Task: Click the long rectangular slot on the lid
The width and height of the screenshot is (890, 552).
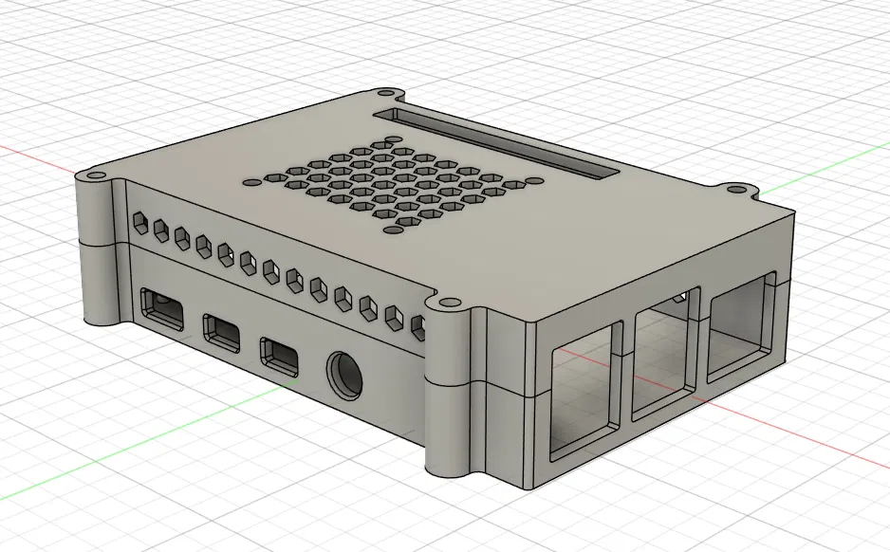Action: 497,143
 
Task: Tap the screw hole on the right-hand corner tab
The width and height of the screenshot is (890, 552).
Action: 736,190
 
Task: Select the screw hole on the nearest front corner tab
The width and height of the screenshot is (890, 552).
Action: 447,304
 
